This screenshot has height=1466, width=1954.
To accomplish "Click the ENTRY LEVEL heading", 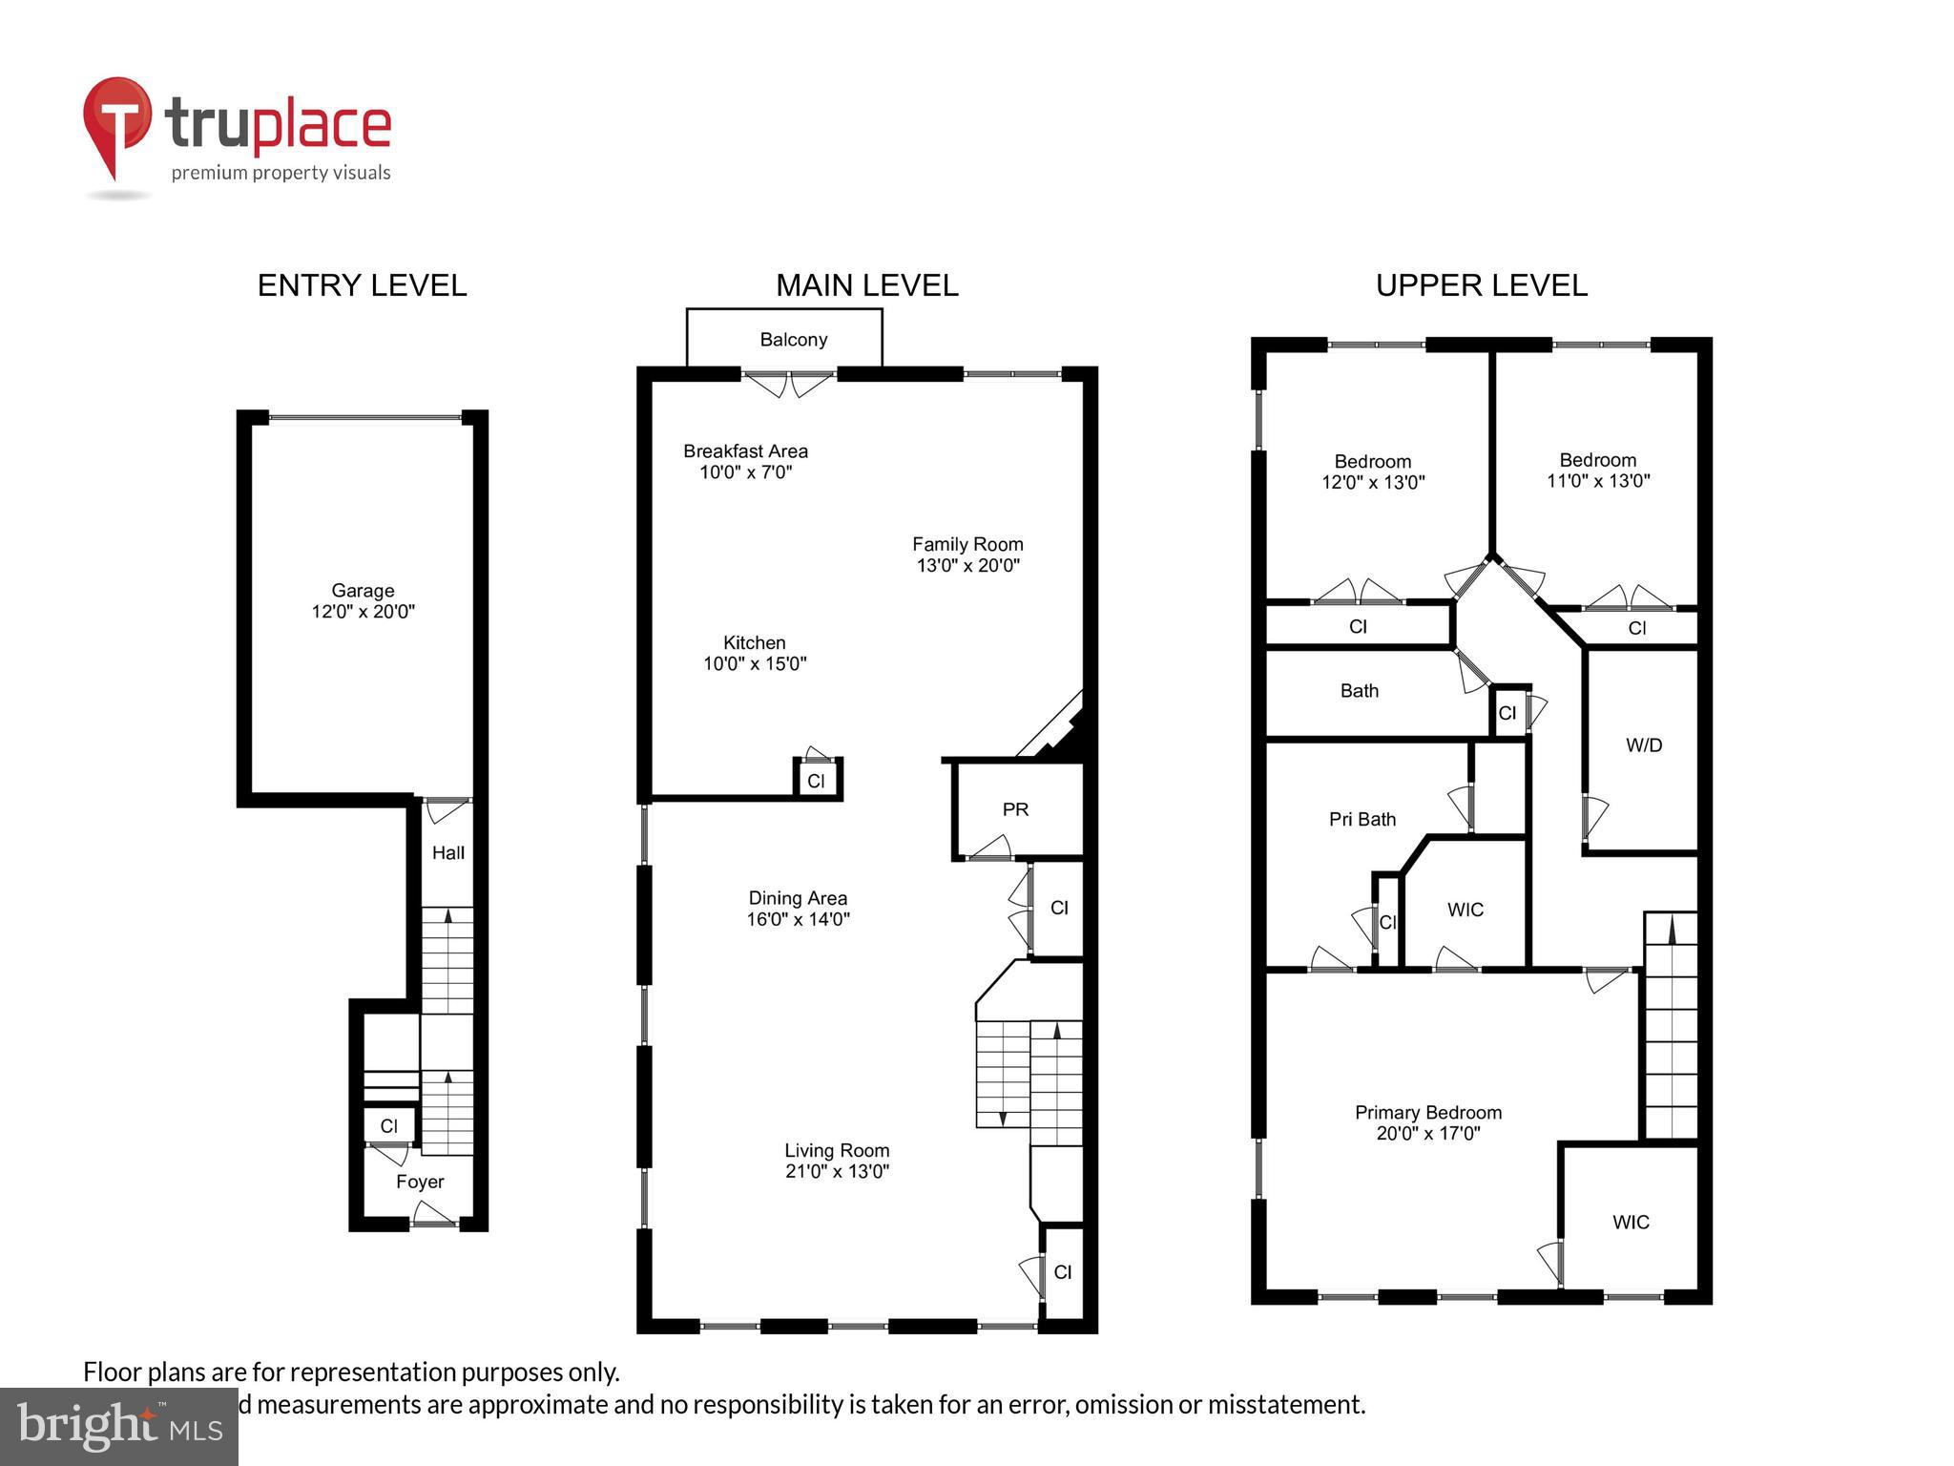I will [362, 285].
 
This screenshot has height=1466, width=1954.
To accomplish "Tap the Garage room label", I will [363, 591].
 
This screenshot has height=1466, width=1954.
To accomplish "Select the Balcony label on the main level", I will [793, 340].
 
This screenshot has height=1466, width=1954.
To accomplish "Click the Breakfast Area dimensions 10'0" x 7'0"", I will [745, 472].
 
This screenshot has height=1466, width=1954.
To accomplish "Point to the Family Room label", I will [967, 544].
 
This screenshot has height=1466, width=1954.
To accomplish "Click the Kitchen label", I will [754, 642].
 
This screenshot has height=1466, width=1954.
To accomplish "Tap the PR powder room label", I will [1015, 809].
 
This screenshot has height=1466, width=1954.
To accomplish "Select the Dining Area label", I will [798, 898].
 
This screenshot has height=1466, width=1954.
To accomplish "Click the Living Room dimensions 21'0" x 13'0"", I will [837, 1171].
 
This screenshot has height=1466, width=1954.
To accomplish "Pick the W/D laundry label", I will [1644, 745].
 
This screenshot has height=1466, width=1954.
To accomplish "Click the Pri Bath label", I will [1362, 819].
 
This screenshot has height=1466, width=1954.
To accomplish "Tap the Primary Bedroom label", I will [1427, 1112].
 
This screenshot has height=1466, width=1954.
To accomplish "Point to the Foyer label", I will [420, 1182].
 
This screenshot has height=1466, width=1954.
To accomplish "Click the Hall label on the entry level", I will [447, 852].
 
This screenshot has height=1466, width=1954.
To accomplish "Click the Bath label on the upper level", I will [1359, 690].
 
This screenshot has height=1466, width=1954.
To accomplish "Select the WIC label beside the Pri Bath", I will [1465, 910].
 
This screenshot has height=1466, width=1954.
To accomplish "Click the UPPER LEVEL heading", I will [1481, 285].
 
